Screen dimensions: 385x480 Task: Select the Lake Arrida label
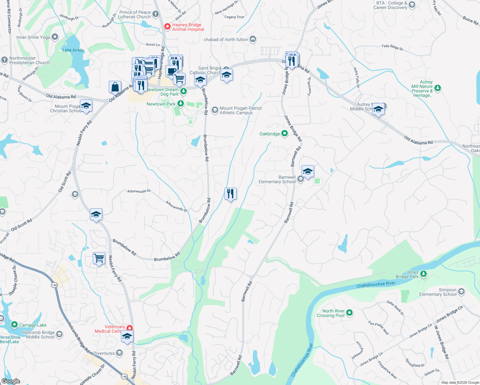point(73,50)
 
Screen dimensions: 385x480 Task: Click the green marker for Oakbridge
point(285,133)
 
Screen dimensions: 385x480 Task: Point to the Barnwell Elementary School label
point(277,179)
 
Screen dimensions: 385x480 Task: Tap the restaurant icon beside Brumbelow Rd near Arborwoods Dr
point(230,194)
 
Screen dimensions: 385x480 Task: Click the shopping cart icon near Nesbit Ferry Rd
point(99,258)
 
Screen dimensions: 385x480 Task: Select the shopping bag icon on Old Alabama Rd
point(115,87)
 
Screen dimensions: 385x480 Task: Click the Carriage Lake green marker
point(14,325)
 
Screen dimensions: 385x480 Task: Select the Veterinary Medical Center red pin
point(130,328)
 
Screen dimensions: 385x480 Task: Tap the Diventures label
point(104,353)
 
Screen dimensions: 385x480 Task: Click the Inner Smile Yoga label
point(33,37)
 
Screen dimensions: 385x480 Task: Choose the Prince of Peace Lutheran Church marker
point(156,14)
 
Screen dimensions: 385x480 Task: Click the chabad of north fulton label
point(226,39)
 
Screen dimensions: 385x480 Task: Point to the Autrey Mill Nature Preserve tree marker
point(438,88)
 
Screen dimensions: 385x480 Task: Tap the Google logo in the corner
point(11,381)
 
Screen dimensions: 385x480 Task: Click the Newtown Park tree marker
point(181,103)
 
